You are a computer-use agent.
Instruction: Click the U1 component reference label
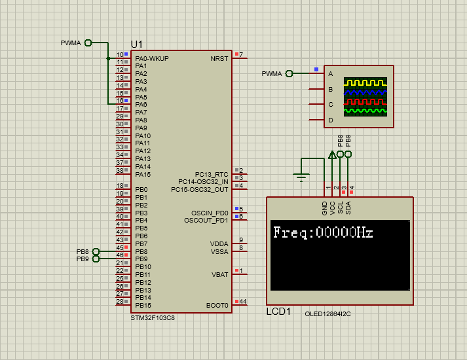(x=137, y=44)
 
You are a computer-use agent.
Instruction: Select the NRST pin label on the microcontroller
(x=219, y=58)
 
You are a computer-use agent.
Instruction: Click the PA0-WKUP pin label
(x=151, y=58)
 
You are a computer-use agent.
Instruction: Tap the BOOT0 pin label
(x=217, y=305)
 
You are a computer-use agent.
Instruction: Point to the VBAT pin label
(x=219, y=274)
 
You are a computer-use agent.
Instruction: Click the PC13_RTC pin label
(x=212, y=174)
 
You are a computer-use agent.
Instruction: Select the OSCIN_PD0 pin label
(x=210, y=213)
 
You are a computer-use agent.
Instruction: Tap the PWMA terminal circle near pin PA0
(x=88, y=43)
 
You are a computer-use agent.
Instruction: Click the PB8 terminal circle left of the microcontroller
(x=96, y=251)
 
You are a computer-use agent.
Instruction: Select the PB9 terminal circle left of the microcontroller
(x=96, y=259)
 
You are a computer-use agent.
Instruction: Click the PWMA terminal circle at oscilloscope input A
(x=289, y=73)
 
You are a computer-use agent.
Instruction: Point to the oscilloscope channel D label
(x=331, y=120)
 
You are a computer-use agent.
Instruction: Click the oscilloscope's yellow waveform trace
(x=366, y=83)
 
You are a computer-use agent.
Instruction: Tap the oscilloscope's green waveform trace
(x=366, y=111)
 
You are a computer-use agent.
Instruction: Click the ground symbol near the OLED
(x=301, y=175)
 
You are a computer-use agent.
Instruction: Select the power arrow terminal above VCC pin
(x=332, y=155)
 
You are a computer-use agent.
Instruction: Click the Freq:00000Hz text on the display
(x=322, y=232)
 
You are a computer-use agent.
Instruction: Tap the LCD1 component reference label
(x=278, y=312)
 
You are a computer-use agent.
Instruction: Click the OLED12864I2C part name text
(x=327, y=314)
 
